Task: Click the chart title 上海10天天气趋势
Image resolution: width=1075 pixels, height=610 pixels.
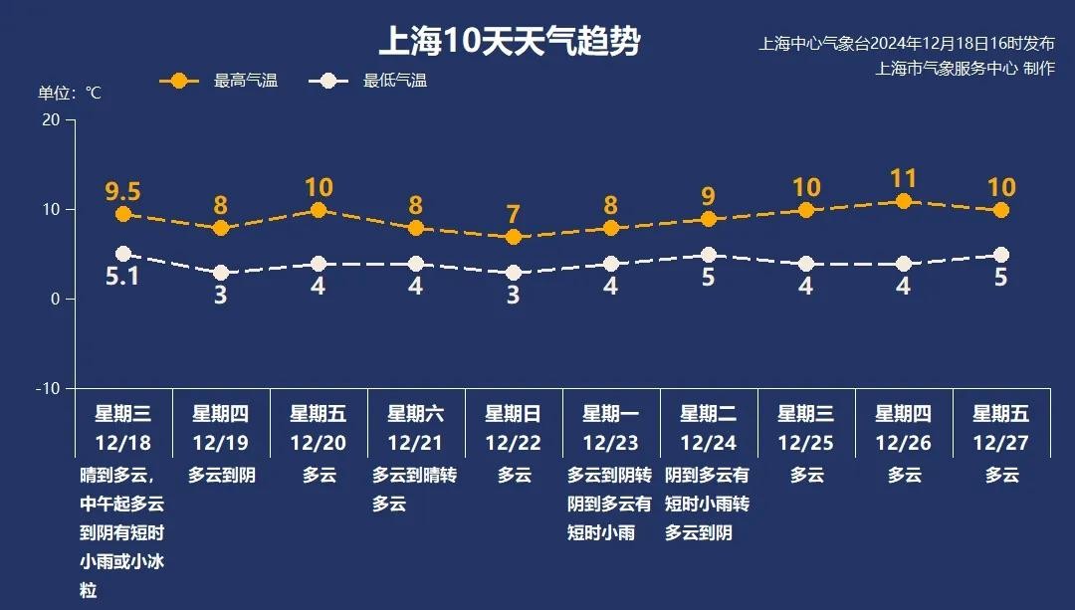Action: tap(509, 42)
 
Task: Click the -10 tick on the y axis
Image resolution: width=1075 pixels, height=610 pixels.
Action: tap(47, 388)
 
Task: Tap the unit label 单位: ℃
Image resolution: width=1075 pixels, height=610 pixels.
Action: tap(70, 93)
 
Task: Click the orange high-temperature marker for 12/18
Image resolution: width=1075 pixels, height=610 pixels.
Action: tap(123, 214)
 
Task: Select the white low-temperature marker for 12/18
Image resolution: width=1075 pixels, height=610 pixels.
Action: tap(123, 254)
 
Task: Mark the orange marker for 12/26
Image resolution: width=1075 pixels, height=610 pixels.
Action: tap(904, 201)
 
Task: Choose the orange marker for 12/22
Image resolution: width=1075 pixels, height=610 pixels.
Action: tap(514, 237)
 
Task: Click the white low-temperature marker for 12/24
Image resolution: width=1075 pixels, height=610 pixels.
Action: tap(709, 255)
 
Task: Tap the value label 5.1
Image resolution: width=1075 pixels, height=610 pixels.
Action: tap(123, 277)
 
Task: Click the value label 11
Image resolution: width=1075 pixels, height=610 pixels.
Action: tap(904, 179)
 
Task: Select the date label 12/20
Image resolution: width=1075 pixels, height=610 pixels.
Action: tap(319, 443)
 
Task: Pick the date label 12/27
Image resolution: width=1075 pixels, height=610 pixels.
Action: tap(1001, 443)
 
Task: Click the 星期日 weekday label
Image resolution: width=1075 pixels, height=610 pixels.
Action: tap(514, 414)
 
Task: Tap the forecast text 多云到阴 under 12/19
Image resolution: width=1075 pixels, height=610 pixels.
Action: tap(221, 476)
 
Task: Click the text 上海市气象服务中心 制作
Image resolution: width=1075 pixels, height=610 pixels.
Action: tap(965, 69)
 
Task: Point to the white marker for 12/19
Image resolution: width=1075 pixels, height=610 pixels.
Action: tap(221, 273)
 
